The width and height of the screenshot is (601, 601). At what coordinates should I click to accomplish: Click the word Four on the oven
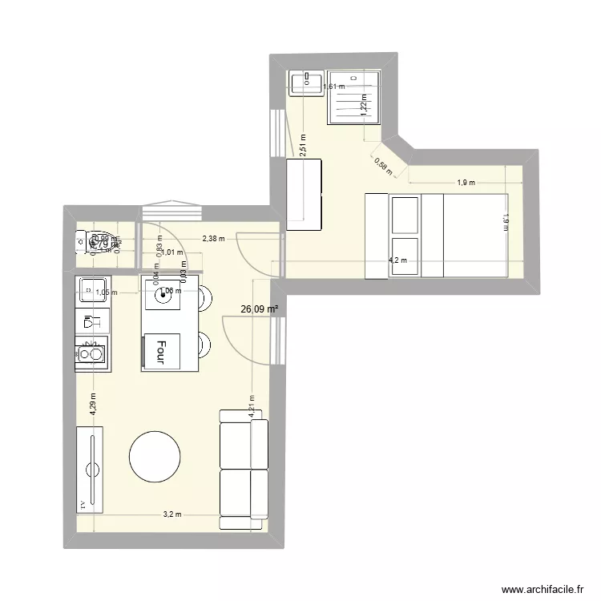(161, 350)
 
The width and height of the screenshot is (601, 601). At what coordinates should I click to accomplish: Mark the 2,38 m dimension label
(213, 238)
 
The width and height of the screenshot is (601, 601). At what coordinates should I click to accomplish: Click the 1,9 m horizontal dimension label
(466, 183)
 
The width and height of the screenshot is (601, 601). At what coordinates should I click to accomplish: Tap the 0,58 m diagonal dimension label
(381, 163)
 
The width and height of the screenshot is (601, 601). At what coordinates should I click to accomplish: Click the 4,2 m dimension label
(397, 260)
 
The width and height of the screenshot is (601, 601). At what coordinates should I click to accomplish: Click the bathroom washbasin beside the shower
(306, 81)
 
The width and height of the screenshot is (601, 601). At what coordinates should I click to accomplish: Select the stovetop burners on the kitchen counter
(90, 353)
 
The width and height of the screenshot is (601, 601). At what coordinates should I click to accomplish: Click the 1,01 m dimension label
(174, 251)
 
